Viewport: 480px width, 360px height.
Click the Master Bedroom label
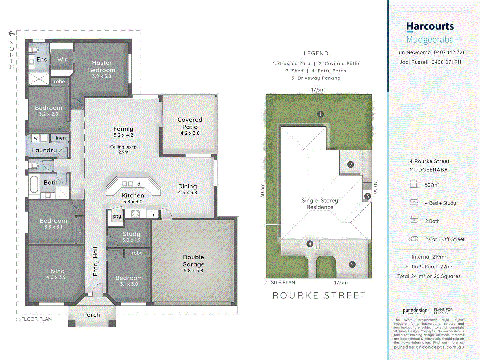point(102,66)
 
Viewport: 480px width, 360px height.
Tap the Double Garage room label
point(193,261)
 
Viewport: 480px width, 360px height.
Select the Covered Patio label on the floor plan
point(190,123)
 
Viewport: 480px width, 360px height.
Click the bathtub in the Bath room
point(34,184)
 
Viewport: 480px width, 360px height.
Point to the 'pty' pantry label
point(117,216)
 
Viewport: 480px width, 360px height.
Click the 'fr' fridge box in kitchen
point(153,215)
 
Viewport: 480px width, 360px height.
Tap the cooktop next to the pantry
point(135,214)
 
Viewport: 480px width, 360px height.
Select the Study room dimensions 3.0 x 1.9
point(131,240)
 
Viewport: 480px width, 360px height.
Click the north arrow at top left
point(11,33)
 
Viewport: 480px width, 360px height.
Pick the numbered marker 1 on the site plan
point(320,114)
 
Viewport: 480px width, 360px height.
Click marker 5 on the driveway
point(352,264)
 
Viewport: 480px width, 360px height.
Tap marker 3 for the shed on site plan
point(367,196)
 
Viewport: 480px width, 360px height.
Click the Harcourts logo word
point(430,26)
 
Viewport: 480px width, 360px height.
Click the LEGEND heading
point(316,53)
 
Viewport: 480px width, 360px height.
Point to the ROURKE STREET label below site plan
point(319,295)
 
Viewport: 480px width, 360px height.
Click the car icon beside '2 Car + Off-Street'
point(414,239)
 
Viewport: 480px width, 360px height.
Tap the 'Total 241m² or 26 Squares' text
point(429,276)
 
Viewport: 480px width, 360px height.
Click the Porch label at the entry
point(91,315)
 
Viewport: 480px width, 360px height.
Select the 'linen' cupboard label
point(60,138)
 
